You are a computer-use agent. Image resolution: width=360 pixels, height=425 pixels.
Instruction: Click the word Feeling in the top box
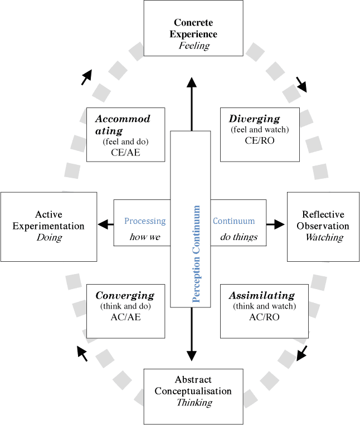tap(194, 46)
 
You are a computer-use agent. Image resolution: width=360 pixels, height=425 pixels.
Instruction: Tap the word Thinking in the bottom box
tap(194, 402)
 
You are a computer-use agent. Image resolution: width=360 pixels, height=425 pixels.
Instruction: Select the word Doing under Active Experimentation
tap(49, 237)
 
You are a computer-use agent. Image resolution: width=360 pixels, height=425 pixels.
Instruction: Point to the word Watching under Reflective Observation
tap(323, 237)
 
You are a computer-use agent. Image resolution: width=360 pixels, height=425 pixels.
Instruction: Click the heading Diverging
tap(254, 119)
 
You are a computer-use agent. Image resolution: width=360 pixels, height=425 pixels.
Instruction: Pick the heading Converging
tap(124, 295)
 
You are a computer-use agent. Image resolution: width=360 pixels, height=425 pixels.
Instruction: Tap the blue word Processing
tap(145, 221)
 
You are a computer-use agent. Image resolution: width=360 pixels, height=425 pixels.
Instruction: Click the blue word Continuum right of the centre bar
tap(234, 221)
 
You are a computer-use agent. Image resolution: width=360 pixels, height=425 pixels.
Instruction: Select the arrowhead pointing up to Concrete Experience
tap(191, 83)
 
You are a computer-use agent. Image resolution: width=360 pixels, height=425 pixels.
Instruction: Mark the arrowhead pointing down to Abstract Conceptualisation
tap(191, 355)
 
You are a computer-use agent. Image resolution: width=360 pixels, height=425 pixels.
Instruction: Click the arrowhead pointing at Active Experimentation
tap(103, 224)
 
